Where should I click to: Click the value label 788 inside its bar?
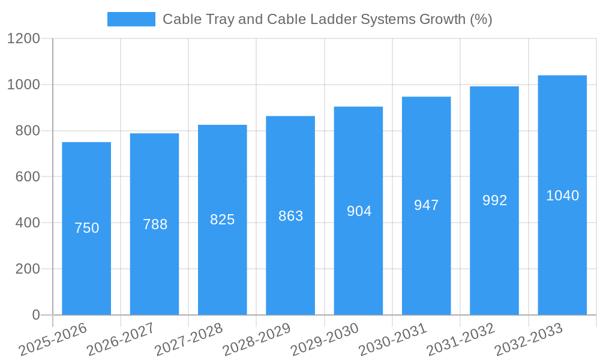[155, 224]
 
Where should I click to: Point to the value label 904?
[359, 211]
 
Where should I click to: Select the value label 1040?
[562, 196]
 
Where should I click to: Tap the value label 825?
[223, 220]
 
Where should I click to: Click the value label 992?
[494, 200]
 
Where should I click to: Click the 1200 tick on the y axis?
[23, 39]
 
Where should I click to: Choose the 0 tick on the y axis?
[36, 315]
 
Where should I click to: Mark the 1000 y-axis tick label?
[23, 85]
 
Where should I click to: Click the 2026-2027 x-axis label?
[121, 340]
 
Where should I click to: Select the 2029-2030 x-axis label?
[325, 340]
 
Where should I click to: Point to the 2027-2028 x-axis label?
[188, 340]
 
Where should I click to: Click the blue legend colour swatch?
[131, 19]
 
